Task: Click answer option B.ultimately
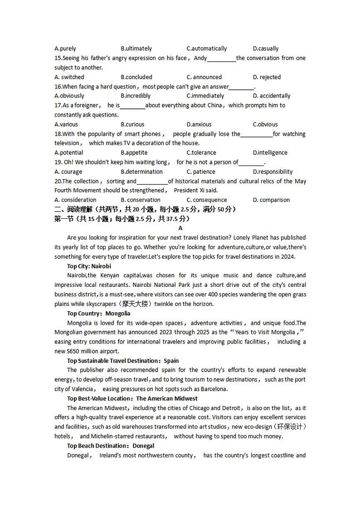[x=136, y=49]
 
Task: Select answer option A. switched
[x=69, y=77]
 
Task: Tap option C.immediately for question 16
[x=205, y=96]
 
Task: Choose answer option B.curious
[x=132, y=124]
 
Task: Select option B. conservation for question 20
[x=141, y=200]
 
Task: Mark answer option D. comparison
[x=271, y=200]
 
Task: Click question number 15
[x=58, y=58]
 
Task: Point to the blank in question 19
[x=251, y=162]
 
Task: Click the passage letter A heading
[x=180, y=228]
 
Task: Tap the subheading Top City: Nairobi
[x=89, y=266]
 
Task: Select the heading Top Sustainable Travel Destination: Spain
[x=123, y=361]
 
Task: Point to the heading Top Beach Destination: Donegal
[x=111, y=446]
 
